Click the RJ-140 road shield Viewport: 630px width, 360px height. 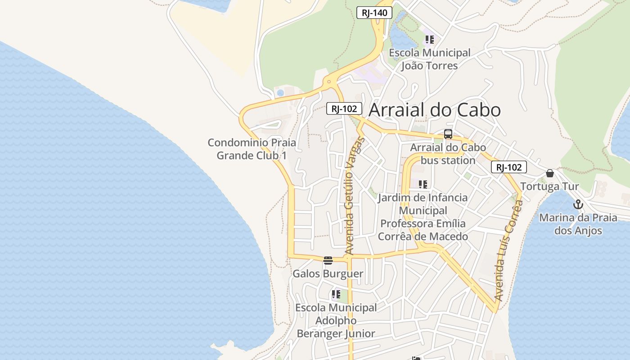click(x=374, y=13)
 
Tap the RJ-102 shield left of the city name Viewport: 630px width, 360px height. click(x=344, y=108)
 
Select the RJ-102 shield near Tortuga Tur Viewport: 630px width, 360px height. click(x=508, y=167)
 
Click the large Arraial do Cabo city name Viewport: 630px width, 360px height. click(x=435, y=110)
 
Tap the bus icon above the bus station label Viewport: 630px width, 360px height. click(x=448, y=134)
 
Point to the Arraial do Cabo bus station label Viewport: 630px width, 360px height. click(x=448, y=154)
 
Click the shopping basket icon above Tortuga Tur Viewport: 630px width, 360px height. click(x=549, y=173)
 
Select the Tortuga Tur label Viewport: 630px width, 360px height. click(x=549, y=186)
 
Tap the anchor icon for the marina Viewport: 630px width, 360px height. click(x=578, y=205)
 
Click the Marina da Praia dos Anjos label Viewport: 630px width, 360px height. click(x=578, y=224)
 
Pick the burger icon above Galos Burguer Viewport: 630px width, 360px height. click(x=328, y=260)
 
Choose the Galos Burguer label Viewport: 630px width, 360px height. click(x=328, y=274)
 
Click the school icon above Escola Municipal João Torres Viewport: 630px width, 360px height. click(x=430, y=40)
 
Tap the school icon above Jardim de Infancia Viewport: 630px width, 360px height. click(x=423, y=184)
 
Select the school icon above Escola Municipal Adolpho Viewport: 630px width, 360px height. click(x=336, y=294)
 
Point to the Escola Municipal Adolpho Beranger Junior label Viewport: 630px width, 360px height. click(x=336, y=320)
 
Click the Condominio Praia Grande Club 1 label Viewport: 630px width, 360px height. click(x=252, y=149)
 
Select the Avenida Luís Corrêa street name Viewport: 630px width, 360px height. click(x=509, y=250)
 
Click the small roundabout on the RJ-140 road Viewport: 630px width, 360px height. click(x=329, y=82)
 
